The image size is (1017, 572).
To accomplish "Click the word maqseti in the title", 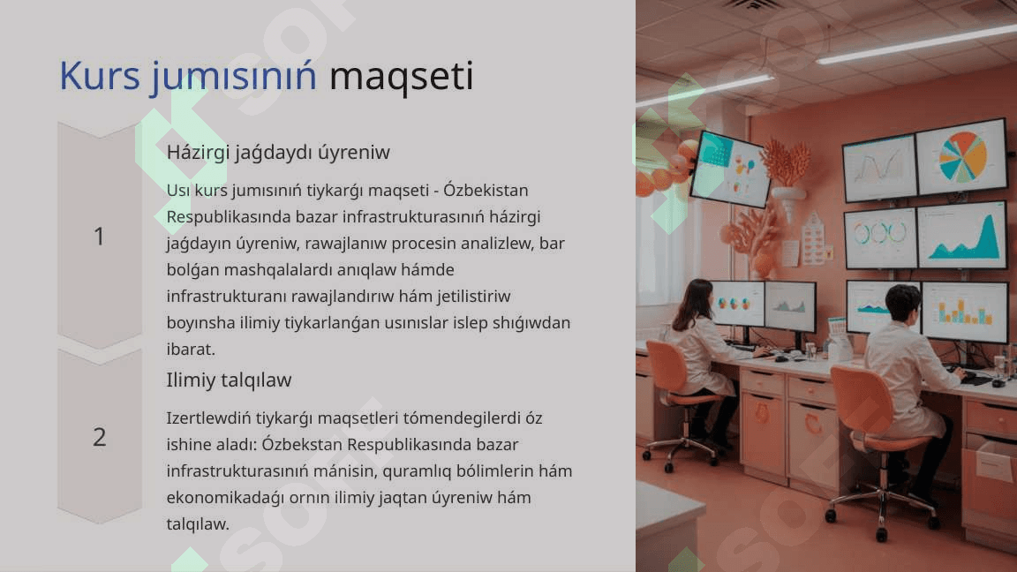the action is (402, 76).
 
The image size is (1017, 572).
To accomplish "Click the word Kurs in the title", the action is (99, 76).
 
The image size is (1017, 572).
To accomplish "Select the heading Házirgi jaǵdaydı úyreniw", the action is (278, 153).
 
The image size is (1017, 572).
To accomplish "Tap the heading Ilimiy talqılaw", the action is (229, 380).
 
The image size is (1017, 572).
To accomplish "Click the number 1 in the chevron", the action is (99, 236).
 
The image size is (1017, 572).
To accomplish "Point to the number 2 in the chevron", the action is (99, 436).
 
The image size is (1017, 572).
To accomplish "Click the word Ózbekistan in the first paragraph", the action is (486, 190).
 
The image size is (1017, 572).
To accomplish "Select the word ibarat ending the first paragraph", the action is (191, 349).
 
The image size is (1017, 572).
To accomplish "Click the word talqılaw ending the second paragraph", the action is (198, 524).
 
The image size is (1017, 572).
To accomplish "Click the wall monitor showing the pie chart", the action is (961, 157).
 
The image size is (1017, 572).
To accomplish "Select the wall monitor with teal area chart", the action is (962, 236).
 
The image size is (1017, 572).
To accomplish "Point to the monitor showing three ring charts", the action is (880, 237).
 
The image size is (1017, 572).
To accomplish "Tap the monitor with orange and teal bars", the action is (964, 312).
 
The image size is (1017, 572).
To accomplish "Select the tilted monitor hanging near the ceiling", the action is (731, 169).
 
